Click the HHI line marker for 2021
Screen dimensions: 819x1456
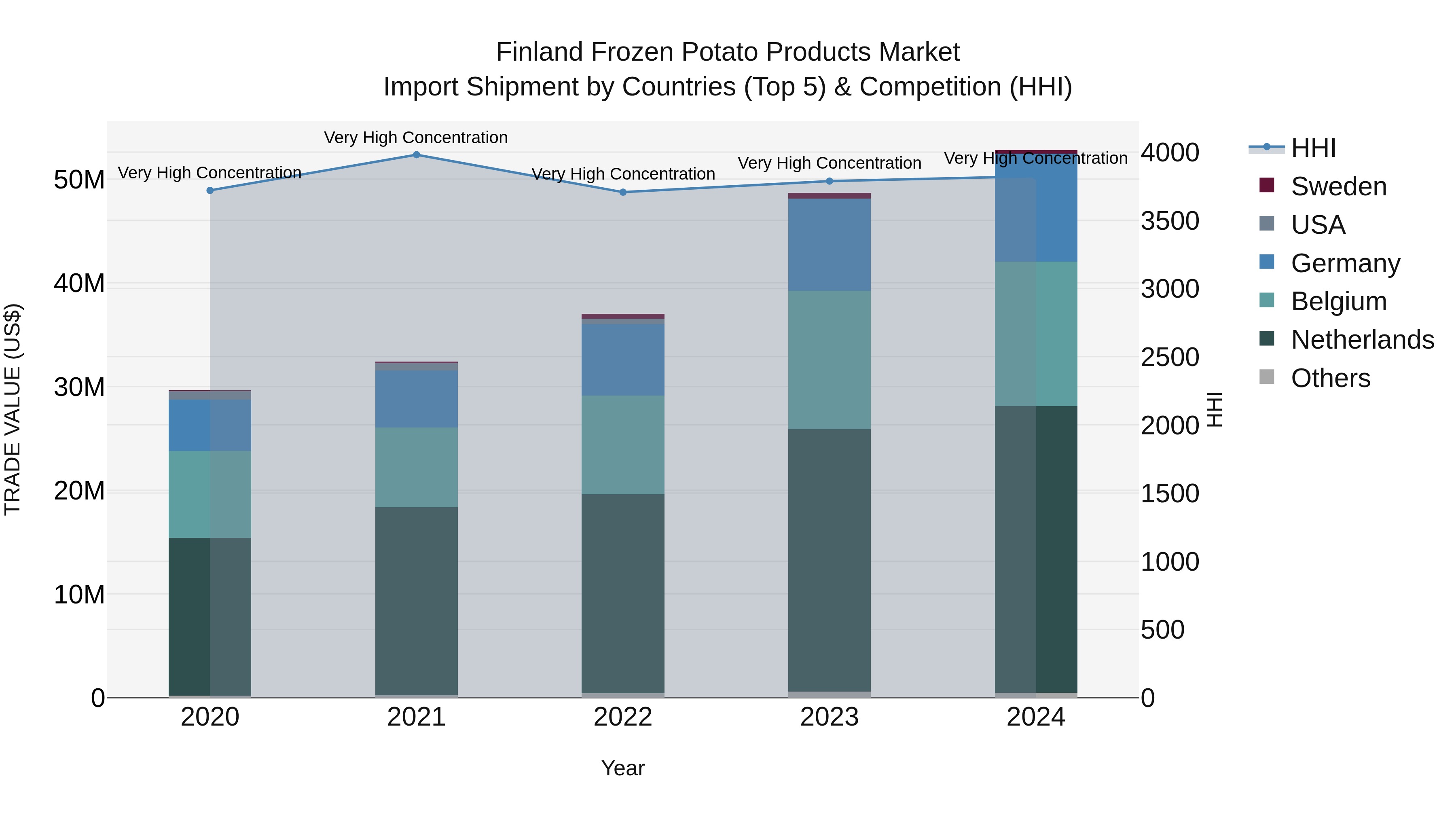[x=417, y=155]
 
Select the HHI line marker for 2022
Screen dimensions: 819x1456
[x=623, y=192]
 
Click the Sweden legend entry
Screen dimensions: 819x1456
[x=1338, y=186]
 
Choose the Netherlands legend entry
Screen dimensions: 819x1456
[x=1362, y=340]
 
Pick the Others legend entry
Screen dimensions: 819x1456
[x=1331, y=378]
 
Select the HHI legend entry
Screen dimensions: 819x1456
[x=1313, y=148]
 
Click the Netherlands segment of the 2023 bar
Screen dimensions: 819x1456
[x=829, y=560]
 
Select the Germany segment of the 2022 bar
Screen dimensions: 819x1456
[x=623, y=360]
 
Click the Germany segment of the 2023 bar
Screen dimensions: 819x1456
[x=829, y=245]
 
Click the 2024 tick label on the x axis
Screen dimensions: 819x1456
[x=1035, y=717]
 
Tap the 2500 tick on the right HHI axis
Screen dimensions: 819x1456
[x=1169, y=357]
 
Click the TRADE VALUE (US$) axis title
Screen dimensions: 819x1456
[x=13, y=409]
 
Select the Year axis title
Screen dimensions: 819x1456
[x=623, y=768]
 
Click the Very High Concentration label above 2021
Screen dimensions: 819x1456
[x=416, y=138]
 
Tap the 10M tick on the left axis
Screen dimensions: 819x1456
[x=79, y=595]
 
